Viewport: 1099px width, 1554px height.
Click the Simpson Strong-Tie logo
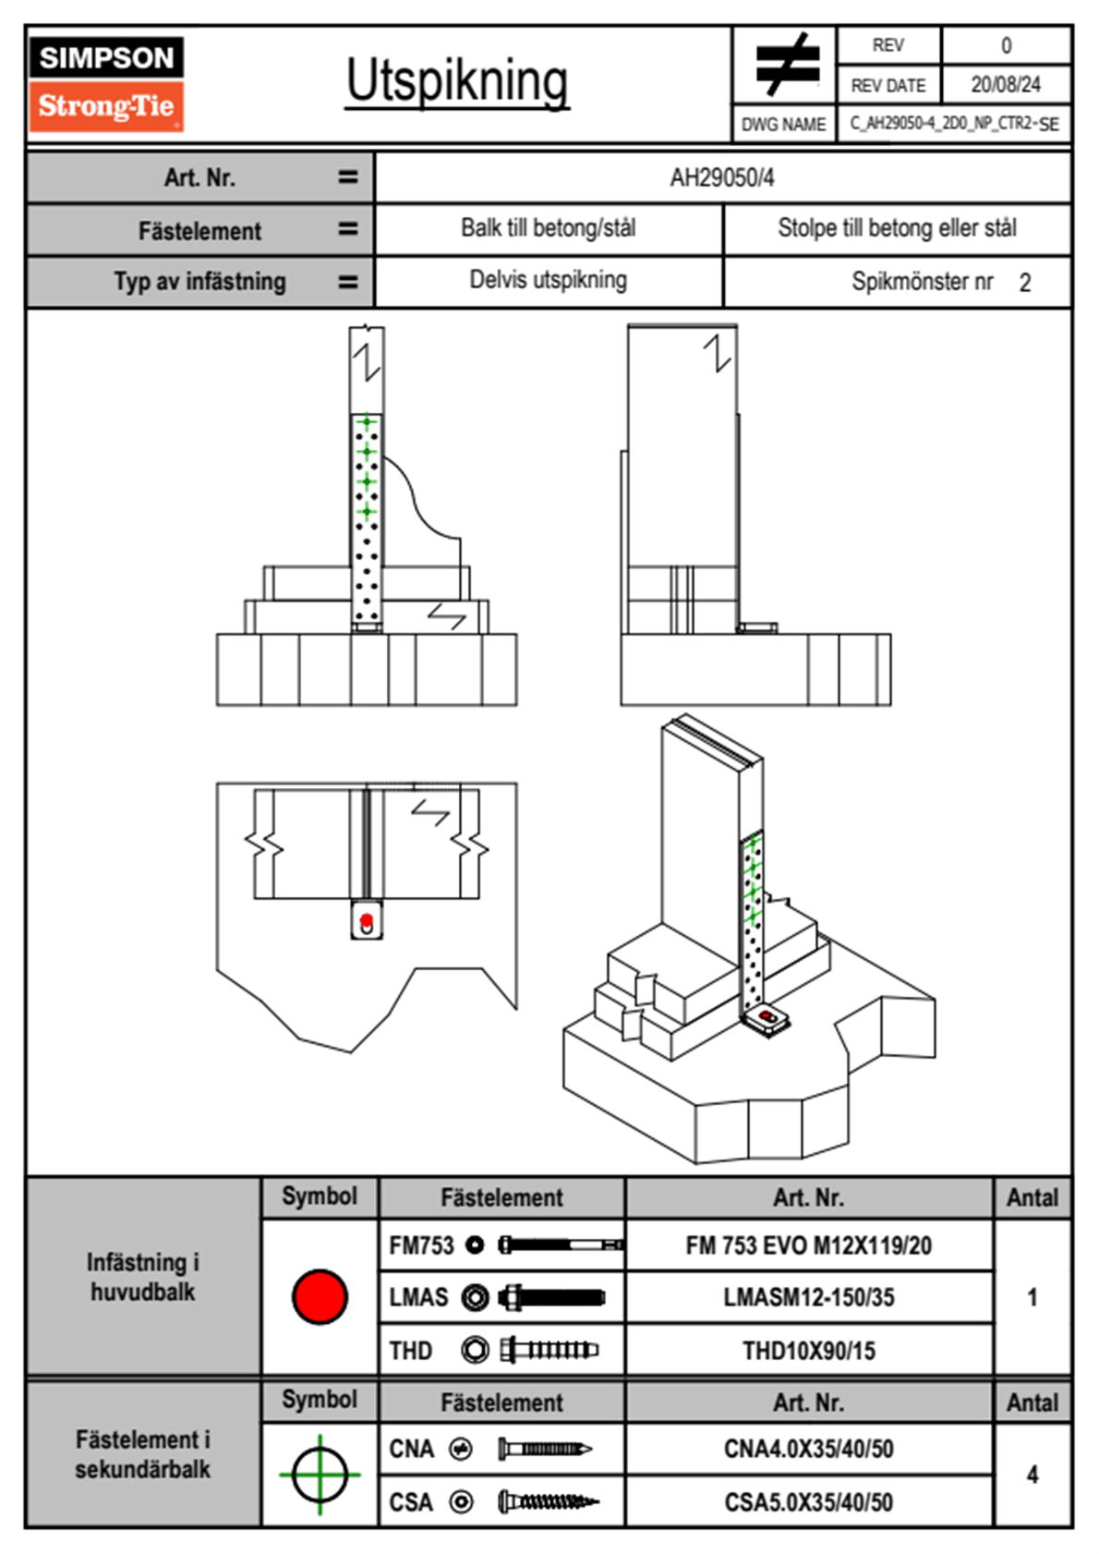coord(106,84)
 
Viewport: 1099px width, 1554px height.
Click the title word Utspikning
coord(457,81)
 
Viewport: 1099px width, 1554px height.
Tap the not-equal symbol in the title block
coord(786,66)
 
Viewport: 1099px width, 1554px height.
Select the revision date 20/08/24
coord(1005,85)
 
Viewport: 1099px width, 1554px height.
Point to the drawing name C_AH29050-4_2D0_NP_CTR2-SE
coord(954,124)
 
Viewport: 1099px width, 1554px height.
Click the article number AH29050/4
coord(722,178)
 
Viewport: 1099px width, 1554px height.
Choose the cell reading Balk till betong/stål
coord(549,228)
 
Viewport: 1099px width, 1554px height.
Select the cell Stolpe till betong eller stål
coord(897,228)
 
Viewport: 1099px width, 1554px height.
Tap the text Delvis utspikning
coord(549,280)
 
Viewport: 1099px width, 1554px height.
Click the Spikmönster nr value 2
coord(1025,283)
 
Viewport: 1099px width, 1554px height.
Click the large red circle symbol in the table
coord(320,1296)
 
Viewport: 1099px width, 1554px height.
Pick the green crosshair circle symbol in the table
coord(320,1475)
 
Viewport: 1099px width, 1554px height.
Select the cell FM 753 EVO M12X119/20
coord(808,1246)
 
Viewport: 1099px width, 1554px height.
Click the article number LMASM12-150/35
coord(808,1298)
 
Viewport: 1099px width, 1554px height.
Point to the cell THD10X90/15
coord(808,1351)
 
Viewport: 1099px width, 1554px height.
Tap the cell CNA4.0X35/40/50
coord(808,1449)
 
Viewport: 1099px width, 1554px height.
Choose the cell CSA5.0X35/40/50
coord(808,1502)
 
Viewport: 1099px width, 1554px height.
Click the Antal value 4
coord(1033,1475)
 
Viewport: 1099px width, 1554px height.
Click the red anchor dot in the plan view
coord(367,920)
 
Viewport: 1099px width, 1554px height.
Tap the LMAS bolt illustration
coord(551,1298)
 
